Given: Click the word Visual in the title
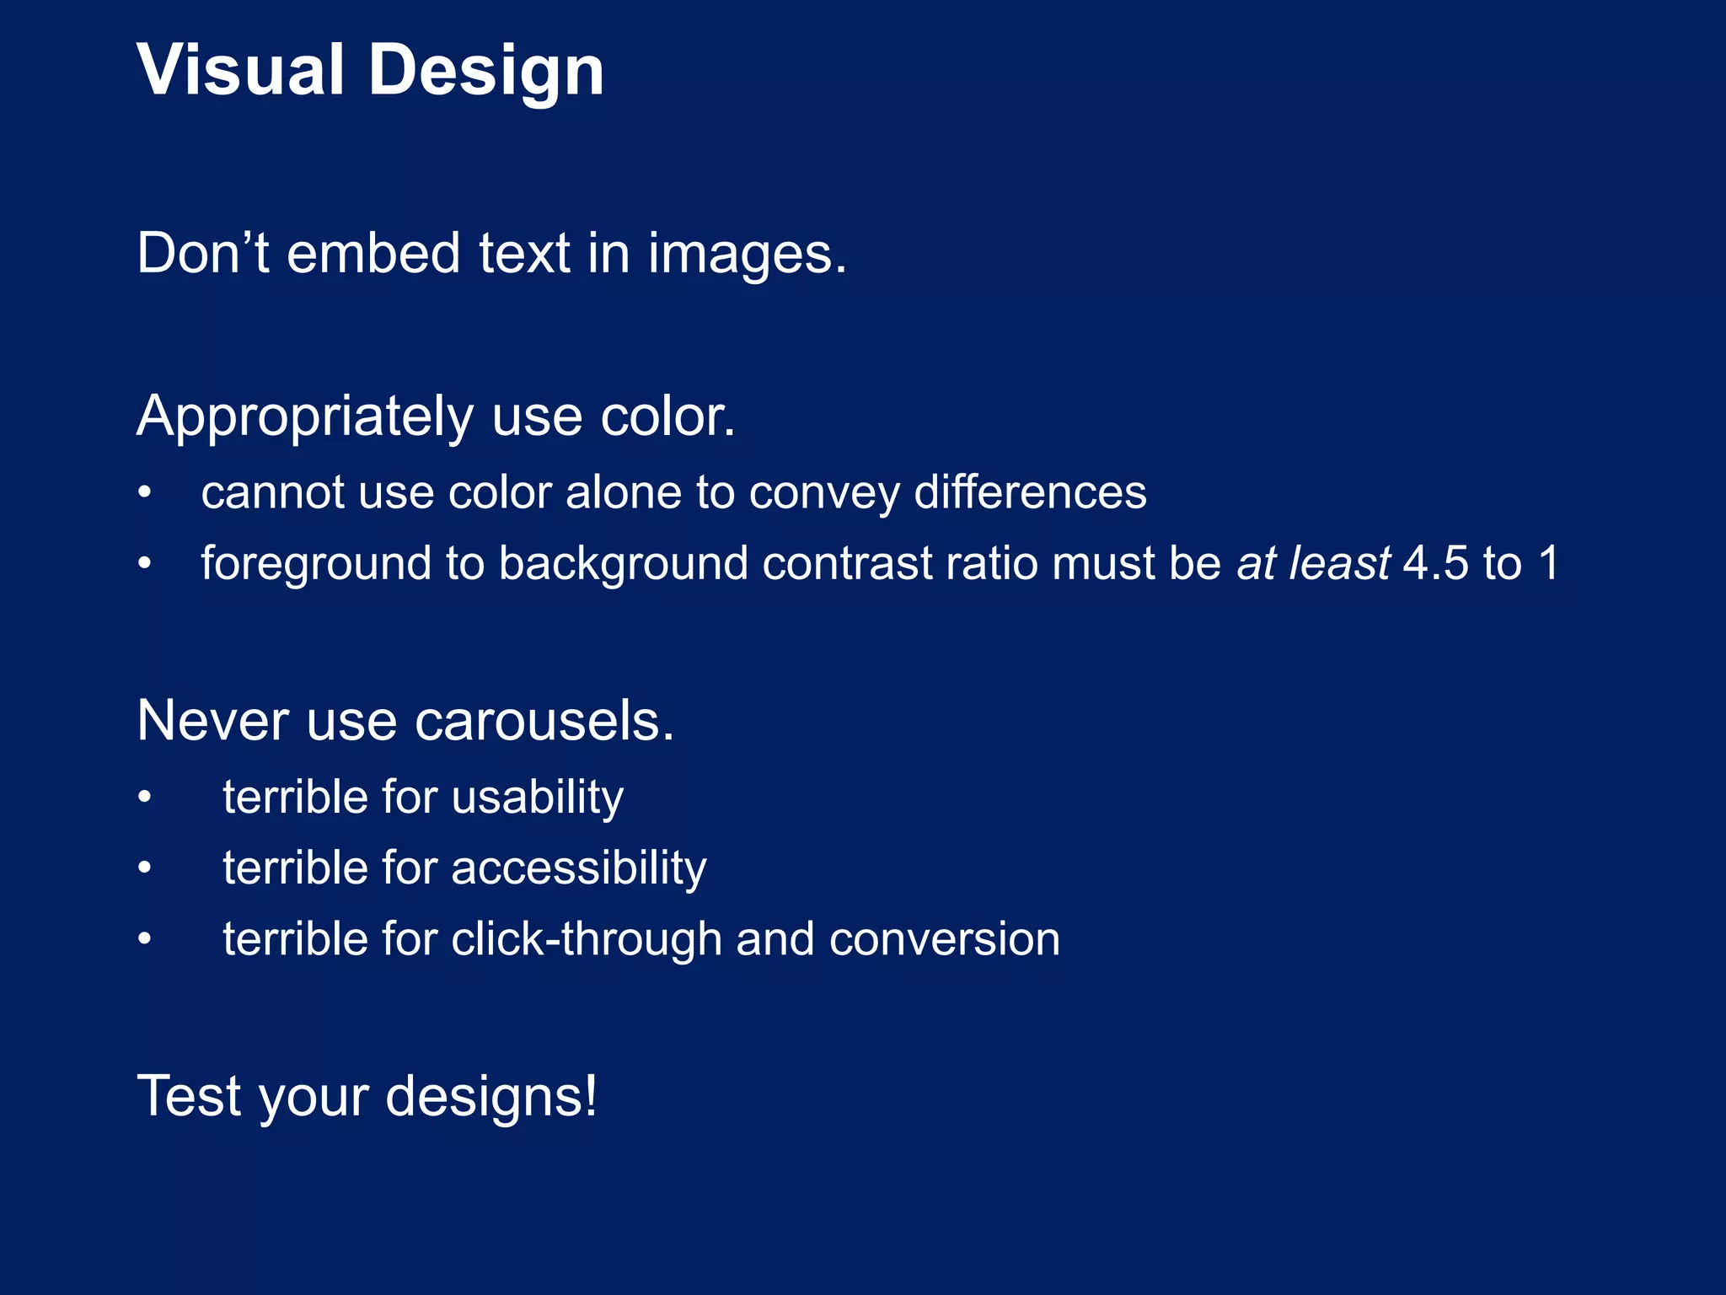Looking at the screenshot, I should [x=240, y=70].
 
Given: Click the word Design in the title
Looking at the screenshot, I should [x=486, y=72].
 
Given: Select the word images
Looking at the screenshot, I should [x=747, y=255].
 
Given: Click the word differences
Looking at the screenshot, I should [x=1030, y=492].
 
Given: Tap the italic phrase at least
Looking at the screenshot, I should [x=1312, y=563].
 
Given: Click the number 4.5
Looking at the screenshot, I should [x=1435, y=563].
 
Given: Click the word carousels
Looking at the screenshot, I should [x=544, y=722].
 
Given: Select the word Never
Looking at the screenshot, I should [x=213, y=722].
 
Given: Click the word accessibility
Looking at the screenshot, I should [x=579, y=869].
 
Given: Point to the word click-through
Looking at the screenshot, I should [x=586, y=940].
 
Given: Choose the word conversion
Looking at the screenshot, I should [x=944, y=940].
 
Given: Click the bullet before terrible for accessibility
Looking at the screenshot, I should [x=145, y=868].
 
